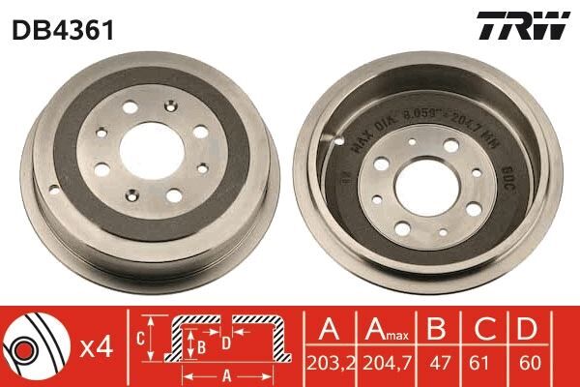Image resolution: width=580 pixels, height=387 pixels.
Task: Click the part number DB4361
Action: pos(64,30)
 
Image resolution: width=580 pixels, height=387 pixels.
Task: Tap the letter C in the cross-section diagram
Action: pos(140,338)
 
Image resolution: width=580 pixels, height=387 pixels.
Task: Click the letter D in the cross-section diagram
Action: pos(225,342)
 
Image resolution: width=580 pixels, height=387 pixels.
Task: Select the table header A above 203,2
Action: pos(329,330)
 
